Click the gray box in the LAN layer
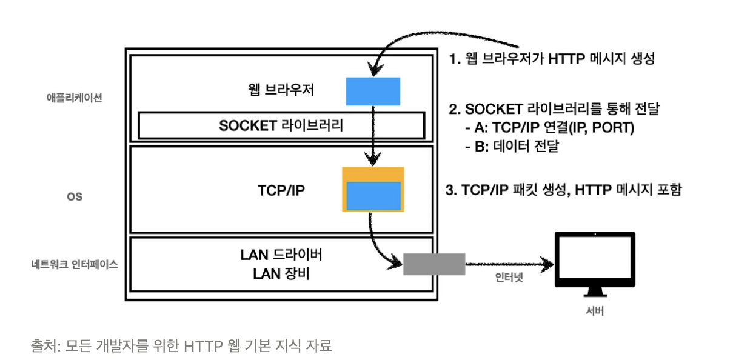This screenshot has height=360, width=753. point(434,264)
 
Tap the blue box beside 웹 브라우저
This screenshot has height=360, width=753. point(373,92)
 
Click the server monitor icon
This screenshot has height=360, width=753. point(595,264)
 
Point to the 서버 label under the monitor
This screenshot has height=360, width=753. point(595,311)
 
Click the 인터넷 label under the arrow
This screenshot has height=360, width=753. point(509,278)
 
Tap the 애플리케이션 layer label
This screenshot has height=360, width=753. point(75,98)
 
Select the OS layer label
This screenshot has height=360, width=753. point(75,196)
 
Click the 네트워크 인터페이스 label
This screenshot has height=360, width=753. point(75,264)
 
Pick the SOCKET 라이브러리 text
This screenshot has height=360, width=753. point(281,125)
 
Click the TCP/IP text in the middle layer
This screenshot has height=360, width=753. point(281,190)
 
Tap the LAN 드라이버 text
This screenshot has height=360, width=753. point(281,255)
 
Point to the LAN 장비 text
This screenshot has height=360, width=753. point(281,273)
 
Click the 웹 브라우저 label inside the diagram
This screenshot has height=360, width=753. point(281,90)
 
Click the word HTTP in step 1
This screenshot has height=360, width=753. point(566,59)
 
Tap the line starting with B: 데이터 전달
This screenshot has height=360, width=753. point(512,146)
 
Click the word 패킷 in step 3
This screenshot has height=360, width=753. point(525,190)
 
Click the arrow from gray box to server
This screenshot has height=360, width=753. point(510,264)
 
